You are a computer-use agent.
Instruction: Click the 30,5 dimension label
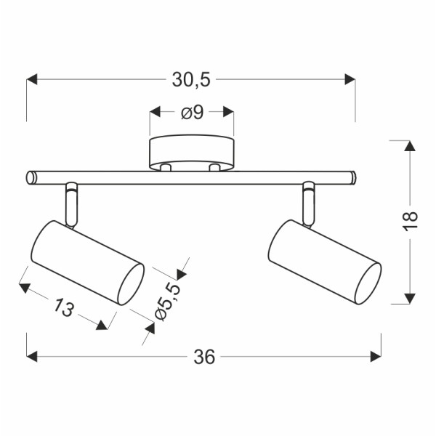point(191,80)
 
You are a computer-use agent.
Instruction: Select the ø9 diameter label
point(193,113)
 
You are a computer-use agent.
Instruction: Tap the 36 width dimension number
point(204,357)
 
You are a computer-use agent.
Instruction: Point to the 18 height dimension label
point(410,220)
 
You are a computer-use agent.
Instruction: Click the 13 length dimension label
point(63,307)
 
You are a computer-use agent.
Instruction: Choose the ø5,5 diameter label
point(168,301)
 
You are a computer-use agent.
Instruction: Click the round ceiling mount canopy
point(192,153)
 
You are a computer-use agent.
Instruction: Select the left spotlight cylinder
point(88,263)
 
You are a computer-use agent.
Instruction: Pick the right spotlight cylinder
point(325,262)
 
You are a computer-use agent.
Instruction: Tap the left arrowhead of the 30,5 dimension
point(32,79)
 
